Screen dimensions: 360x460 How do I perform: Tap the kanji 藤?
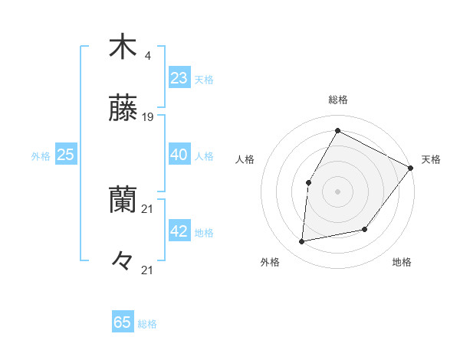[123, 110]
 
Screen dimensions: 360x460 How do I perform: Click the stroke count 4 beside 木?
[147, 55]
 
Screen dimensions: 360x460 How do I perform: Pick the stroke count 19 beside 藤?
[149, 117]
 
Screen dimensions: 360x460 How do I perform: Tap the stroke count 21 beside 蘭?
[149, 208]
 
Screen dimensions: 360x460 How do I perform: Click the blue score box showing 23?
[179, 78]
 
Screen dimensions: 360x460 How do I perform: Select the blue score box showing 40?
[179, 155]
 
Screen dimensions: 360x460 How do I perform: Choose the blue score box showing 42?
[179, 232]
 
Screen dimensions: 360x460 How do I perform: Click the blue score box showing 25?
[66, 155]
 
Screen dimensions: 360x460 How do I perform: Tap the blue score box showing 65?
[123, 322]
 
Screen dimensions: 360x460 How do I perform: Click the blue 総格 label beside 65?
[147, 324]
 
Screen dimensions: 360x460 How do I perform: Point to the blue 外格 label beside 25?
[41, 156]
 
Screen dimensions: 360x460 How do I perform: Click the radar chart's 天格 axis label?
[431, 159]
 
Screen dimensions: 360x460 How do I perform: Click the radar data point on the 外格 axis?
[302, 242]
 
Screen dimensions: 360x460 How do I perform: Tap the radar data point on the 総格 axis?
[337, 130]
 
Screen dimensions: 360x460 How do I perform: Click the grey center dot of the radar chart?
[337, 191]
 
